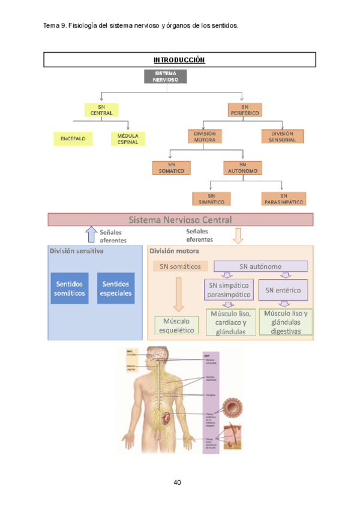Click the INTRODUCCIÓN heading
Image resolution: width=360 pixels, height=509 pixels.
point(179,60)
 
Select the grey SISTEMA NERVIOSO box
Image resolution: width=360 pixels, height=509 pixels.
point(166,76)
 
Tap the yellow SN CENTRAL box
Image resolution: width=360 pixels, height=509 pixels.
point(101,110)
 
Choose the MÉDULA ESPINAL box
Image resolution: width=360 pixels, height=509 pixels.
point(128,139)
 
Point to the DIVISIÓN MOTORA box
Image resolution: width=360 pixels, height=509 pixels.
point(204,136)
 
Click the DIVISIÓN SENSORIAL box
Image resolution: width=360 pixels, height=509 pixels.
point(283,136)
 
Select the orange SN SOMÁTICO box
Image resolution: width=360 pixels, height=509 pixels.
point(172,167)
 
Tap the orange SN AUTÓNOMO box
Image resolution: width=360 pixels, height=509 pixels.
point(242,167)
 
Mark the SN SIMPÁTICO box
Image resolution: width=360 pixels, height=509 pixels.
point(211,199)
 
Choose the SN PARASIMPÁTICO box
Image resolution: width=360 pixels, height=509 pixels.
point(284,199)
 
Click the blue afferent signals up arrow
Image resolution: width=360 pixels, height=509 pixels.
point(91,234)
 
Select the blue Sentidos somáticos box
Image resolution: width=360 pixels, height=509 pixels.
point(70,288)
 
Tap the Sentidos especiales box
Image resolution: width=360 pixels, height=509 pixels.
point(116,288)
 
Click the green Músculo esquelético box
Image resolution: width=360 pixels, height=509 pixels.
point(176,325)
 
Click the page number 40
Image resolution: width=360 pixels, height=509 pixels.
point(178,482)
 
